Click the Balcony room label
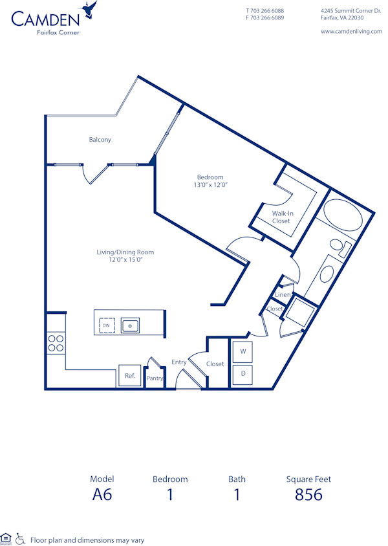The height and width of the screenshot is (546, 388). [x=100, y=140]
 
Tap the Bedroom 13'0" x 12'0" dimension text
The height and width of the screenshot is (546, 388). [x=210, y=185]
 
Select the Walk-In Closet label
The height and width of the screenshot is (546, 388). [x=281, y=217]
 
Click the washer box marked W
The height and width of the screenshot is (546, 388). [x=242, y=351]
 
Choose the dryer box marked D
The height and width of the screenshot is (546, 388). [x=242, y=374]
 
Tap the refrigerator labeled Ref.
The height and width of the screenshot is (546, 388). [x=129, y=376]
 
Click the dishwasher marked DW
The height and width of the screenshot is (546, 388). [x=105, y=325]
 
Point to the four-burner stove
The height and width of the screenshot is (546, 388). [x=56, y=343]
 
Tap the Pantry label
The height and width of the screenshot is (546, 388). [x=155, y=378]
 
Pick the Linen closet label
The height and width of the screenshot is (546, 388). [x=283, y=295]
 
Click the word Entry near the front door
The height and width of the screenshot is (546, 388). [x=179, y=362]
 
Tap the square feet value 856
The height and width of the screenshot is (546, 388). [x=308, y=495]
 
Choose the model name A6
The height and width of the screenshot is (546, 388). [x=102, y=495]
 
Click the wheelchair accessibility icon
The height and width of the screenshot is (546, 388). [x=20, y=538]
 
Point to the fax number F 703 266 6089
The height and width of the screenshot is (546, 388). [x=264, y=18]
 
